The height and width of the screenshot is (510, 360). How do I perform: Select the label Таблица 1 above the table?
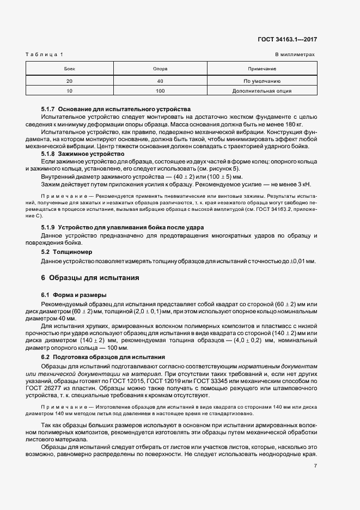coord(44,55)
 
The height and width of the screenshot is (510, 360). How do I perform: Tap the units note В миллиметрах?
coord(295,55)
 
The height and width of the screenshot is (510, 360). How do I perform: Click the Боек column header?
coord(69,69)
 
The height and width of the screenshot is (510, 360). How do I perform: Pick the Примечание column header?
coord(262,69)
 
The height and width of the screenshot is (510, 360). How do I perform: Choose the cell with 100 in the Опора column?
coord(160,91)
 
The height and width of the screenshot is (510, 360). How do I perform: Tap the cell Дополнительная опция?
coord(262,91)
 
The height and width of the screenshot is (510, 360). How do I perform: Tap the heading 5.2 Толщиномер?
coord(67,252)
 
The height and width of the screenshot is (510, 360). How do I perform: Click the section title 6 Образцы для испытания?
coord(90,277)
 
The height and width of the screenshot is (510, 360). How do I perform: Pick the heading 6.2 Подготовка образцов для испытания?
coord(103,356)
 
